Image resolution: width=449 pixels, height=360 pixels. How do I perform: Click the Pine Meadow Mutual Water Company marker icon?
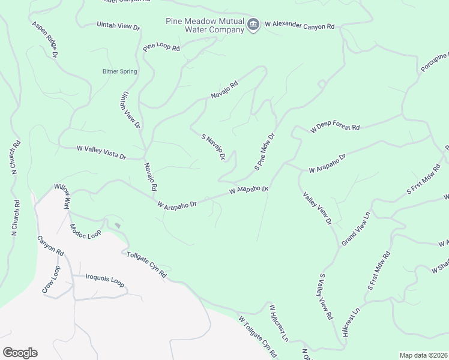pyautogui.click(x=253, y=25)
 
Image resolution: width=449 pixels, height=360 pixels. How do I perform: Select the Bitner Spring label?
pyautogui.click(x=119, y=71)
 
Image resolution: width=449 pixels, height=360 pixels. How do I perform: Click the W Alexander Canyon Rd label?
pyautogui.click(x=298, y=27)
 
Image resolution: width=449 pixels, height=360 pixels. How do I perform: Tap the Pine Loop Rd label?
pyautogui.click(x=161, y=46)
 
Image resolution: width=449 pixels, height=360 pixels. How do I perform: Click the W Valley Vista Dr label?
pyautogui.click(x=101, y=152)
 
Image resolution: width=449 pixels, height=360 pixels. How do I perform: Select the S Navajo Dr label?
pyautogui.click(x=213, y=148)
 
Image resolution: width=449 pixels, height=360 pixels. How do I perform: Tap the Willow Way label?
pyautogui.click(x=63, y=196)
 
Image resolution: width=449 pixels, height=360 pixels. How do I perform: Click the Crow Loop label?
pyautogui.click(x=51, y=279)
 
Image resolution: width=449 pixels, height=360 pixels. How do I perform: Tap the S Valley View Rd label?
pyautogui.click(x=325, y=296)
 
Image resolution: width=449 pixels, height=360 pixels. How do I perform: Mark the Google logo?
pyautogui.click(x=20, y=353)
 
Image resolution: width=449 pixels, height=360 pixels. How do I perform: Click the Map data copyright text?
pyautogui.click(x=423, y=355)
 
